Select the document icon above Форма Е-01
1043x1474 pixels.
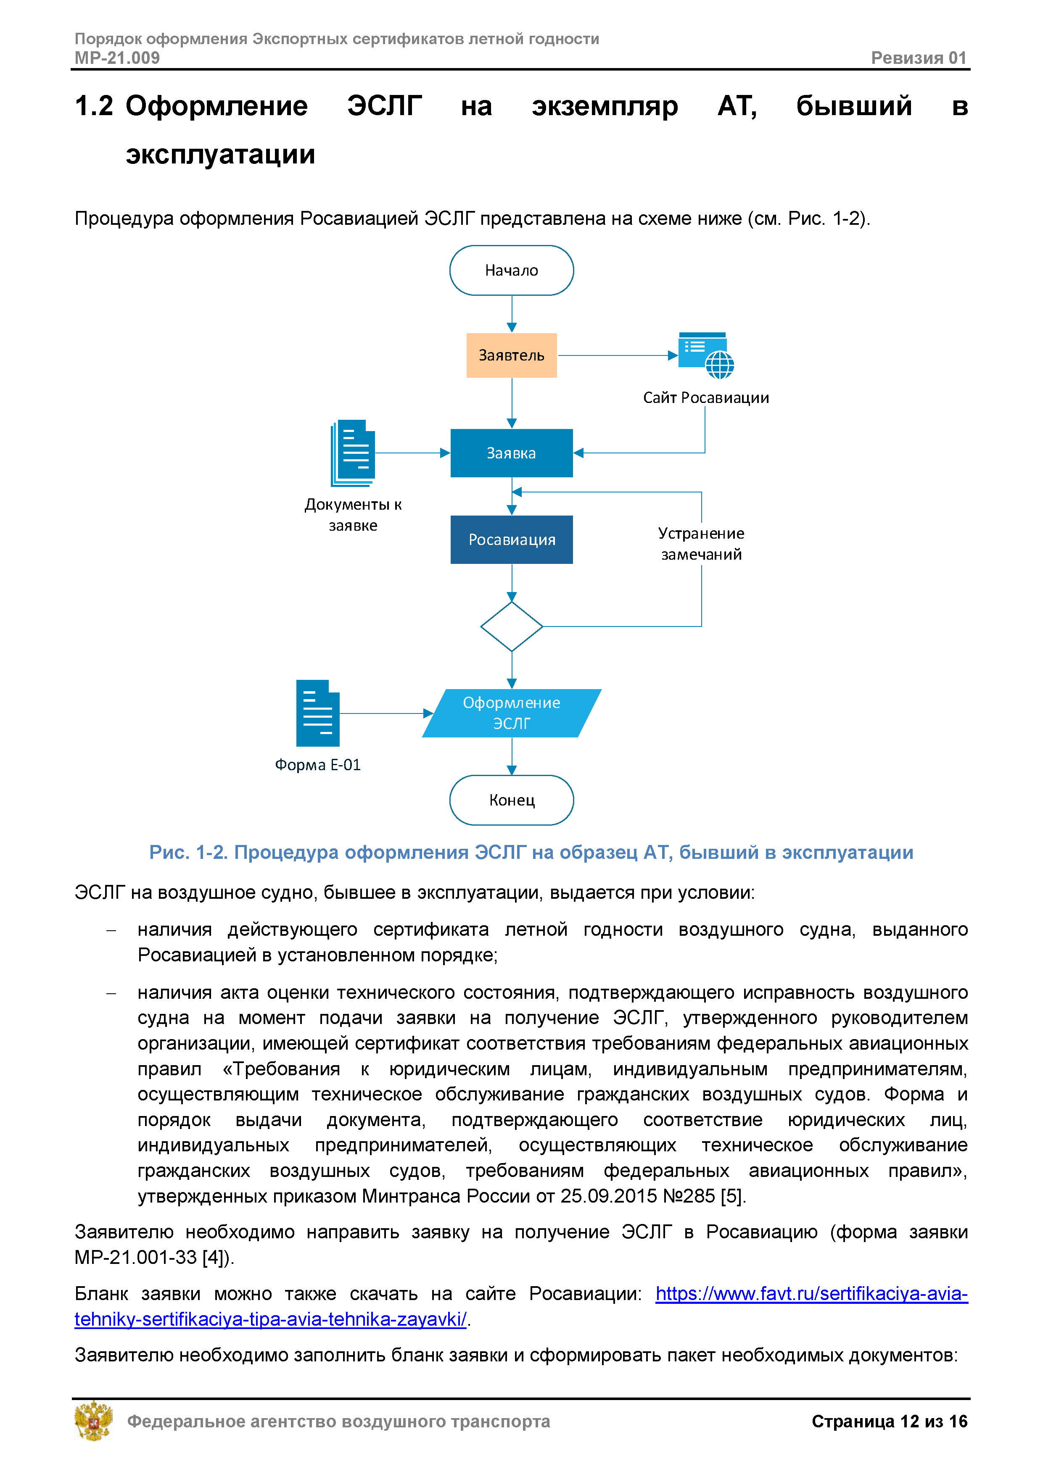(x=317, y=713)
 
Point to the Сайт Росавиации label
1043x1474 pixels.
(x=706, y=397)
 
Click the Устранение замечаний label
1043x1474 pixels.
(x=701, y=543)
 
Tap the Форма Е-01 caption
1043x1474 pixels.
(x=317, y=765)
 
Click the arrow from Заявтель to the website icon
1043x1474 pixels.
(x=617, y=355)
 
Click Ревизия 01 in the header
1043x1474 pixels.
(x=919, y=58)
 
